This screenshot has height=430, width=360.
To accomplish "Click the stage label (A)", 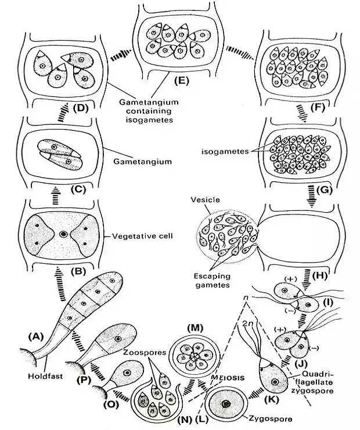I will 36,335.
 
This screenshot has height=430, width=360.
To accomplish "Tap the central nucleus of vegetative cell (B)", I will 63,235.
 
